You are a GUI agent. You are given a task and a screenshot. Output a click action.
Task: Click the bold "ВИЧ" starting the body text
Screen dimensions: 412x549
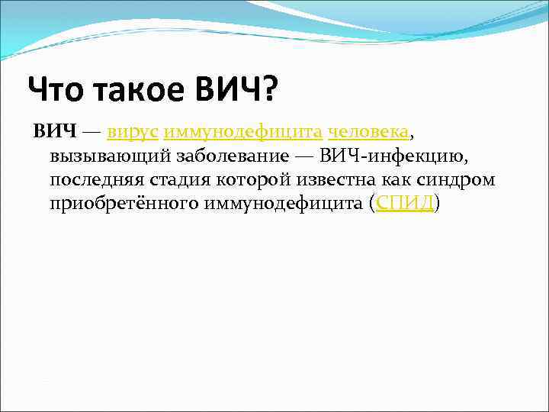[55, 132]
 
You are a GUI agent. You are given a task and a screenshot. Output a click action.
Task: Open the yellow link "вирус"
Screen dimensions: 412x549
[133, 132]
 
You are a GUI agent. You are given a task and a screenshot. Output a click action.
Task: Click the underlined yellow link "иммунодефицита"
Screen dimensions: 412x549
[242, 132]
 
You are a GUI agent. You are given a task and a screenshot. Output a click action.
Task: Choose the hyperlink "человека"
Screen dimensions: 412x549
[369, 132]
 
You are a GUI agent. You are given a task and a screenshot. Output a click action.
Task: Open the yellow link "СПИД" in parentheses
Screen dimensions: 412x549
[404, 204]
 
